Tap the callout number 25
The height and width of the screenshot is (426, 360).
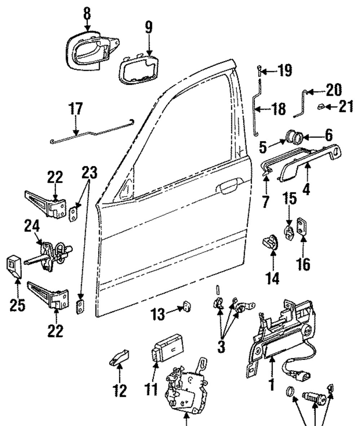[x=17, y=305]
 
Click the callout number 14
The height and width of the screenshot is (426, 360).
[x=272, y=278]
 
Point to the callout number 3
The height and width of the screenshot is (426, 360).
[x=221, y=347]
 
